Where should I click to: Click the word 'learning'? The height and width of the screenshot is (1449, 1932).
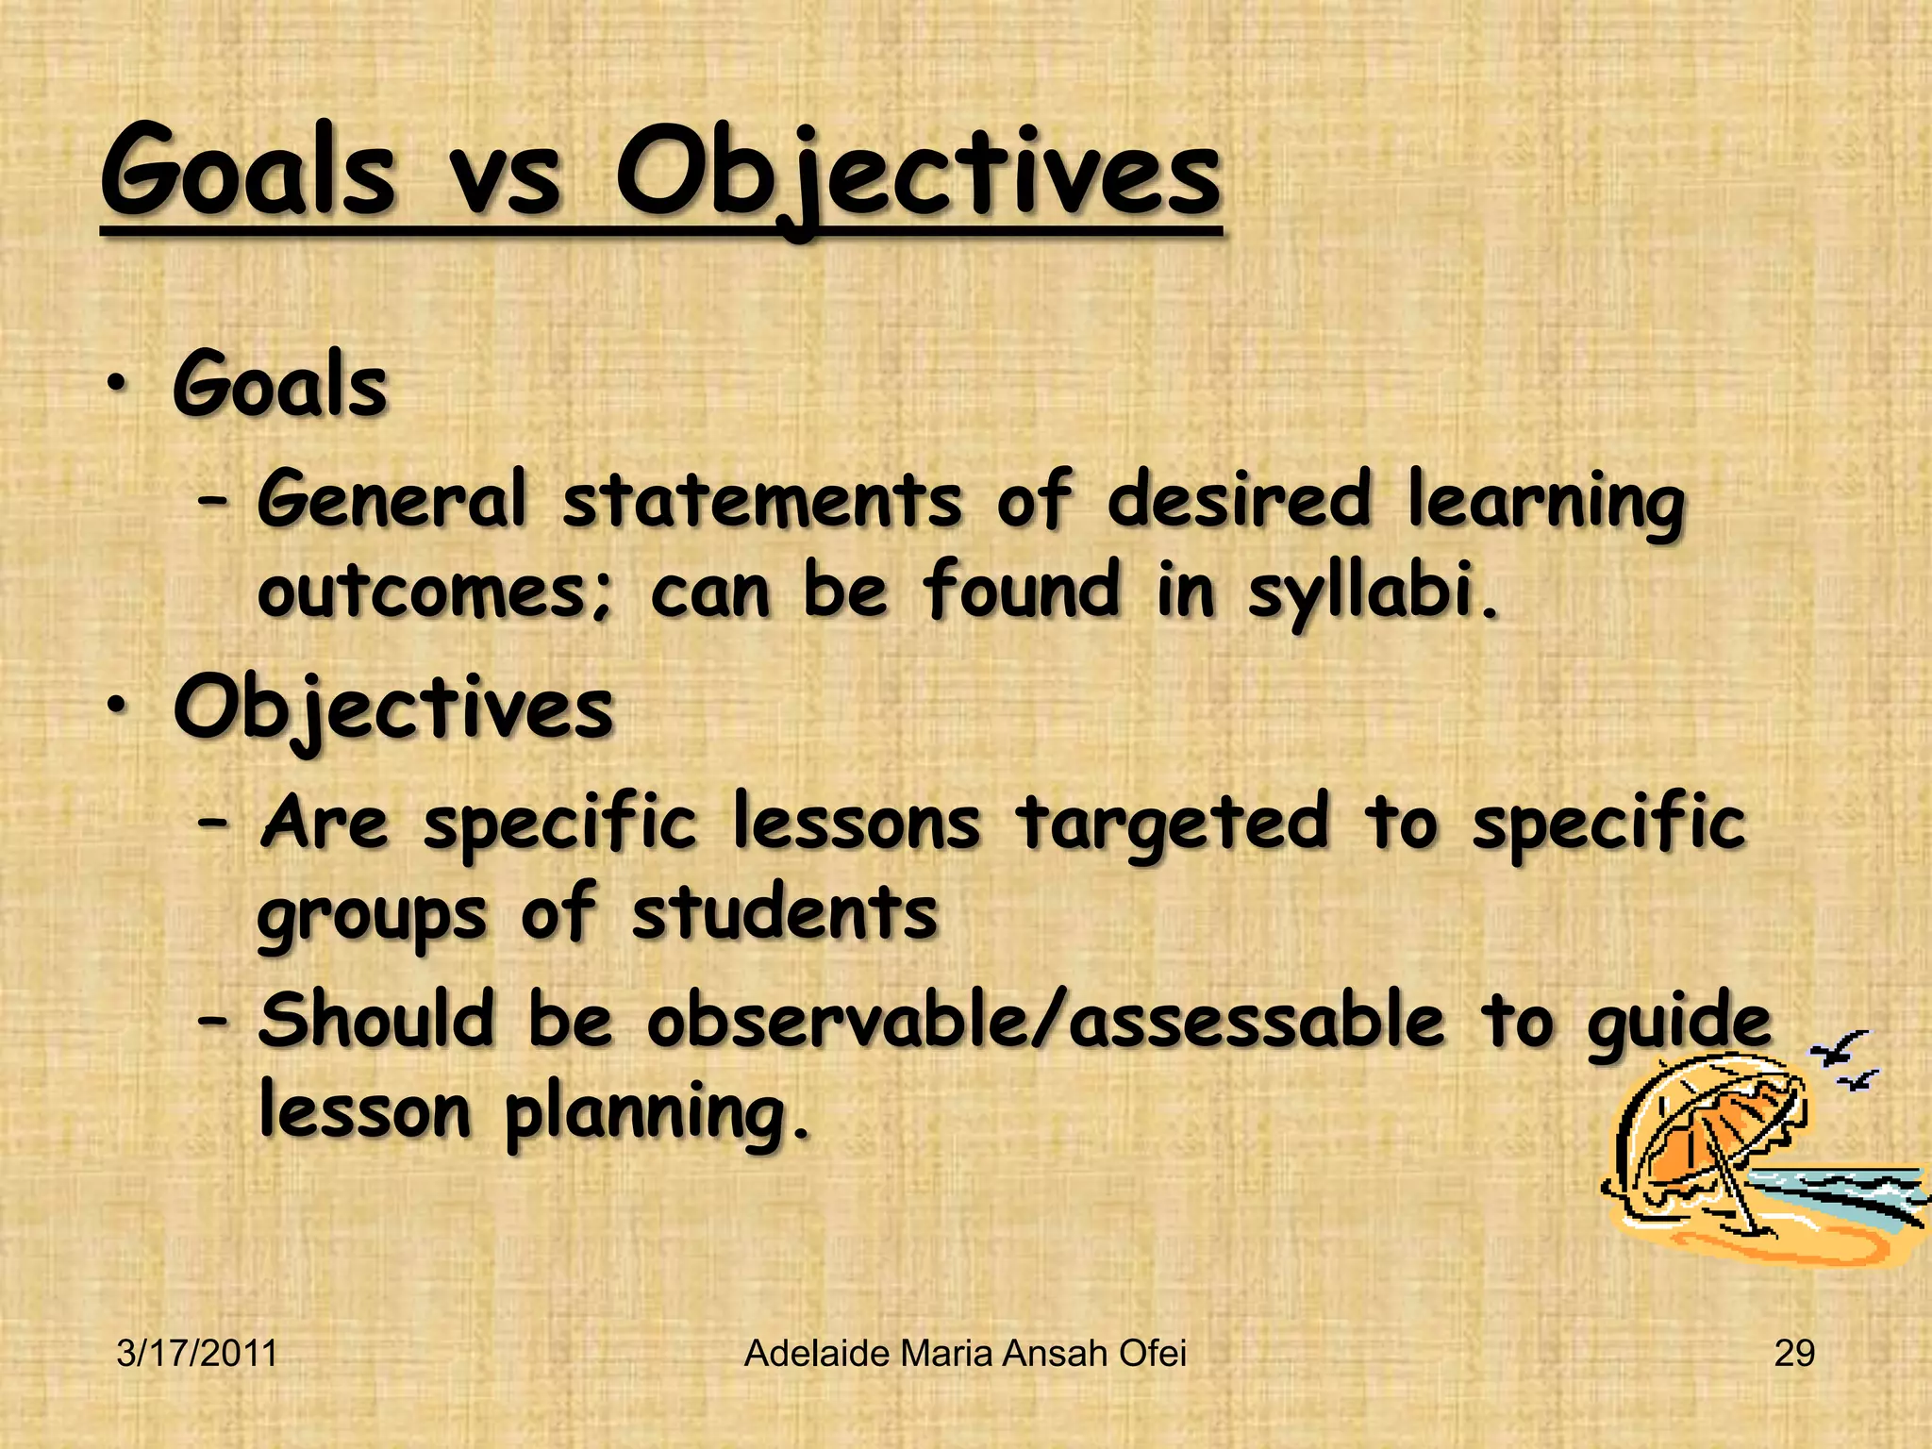1545,503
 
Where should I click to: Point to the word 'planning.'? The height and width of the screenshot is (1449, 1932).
657,1115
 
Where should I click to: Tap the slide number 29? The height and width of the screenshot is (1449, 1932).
1793,1354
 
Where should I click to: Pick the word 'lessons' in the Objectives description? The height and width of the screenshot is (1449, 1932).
857,823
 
